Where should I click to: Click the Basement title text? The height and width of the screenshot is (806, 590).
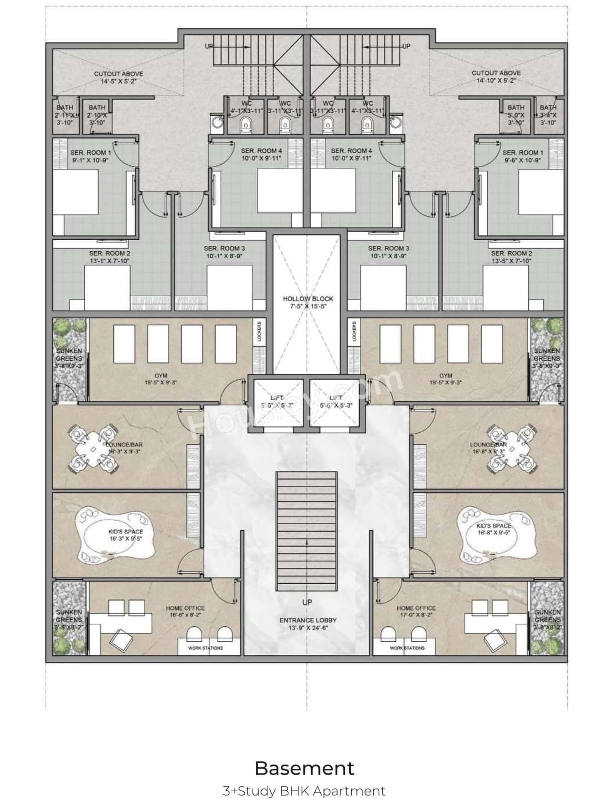click(x=304, y=768)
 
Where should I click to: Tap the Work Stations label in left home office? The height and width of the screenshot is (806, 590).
click(x=206, y=648)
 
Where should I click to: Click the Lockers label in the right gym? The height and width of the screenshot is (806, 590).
click(x=354, y=332)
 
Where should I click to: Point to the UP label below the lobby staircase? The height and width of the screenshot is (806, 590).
click(x=307, y=602)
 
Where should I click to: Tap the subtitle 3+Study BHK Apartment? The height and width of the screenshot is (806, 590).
click(x=304, y=791)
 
